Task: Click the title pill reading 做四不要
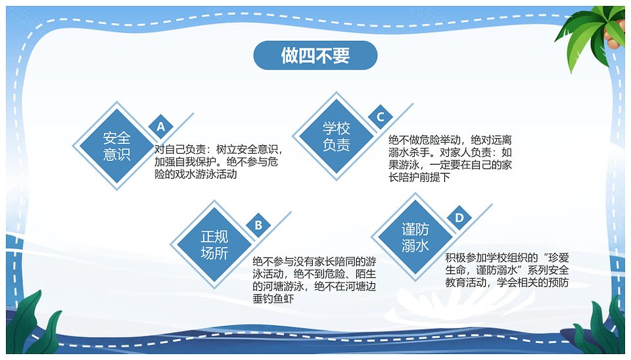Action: coord(315,55)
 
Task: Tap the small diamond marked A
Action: coord(161,126)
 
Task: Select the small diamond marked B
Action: coord(258,225)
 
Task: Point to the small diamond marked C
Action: coord(381,117)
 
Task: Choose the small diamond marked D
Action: coord(459,217)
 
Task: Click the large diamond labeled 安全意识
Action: coord(117,146)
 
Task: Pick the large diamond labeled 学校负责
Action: coord(337,137)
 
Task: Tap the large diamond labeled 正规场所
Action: coord(214,244)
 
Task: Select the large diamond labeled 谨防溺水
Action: coord(415,237)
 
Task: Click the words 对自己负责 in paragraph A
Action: coord(180,150)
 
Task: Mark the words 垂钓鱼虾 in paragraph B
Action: coord(273,299)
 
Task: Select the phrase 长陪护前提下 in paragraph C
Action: coord(419,177)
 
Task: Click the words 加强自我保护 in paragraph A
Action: coord(185,162)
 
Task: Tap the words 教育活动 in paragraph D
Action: coord(465,282)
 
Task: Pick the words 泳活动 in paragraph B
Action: coord(268,275)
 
